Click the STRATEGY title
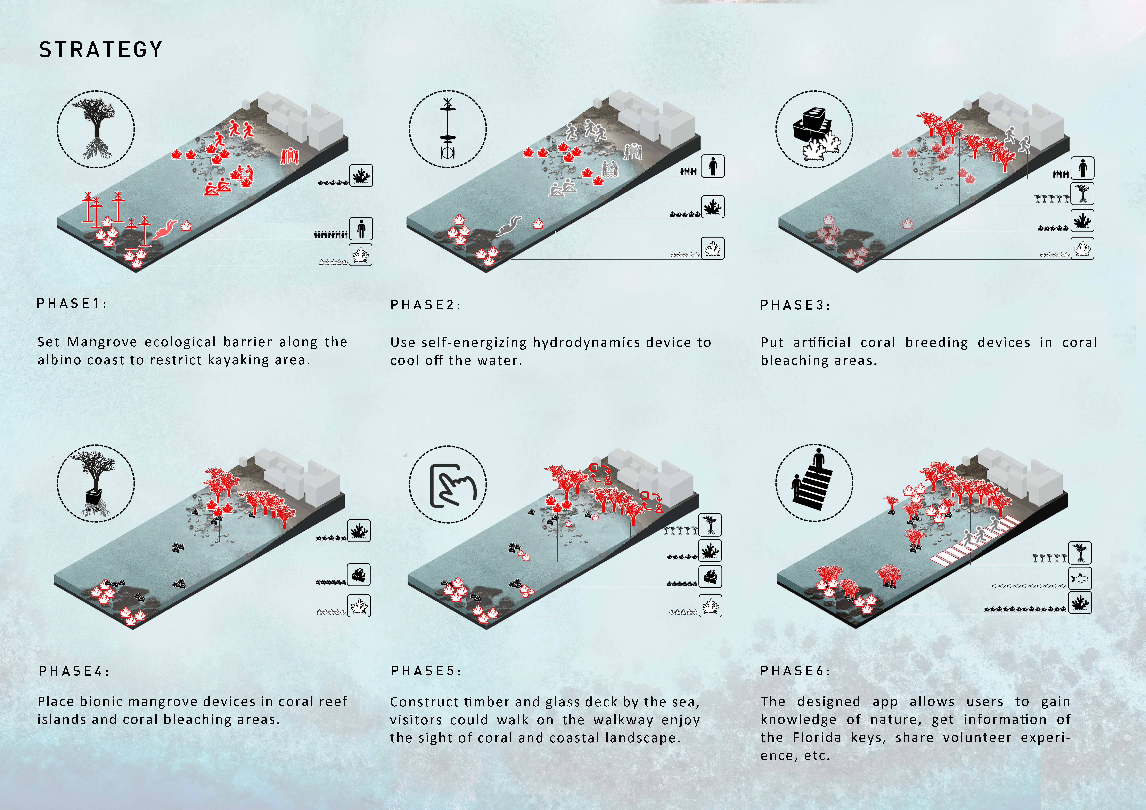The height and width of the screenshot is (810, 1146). [x=101, y=50]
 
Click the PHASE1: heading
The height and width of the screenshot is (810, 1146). [x=72, y=303]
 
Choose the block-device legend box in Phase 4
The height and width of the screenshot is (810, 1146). [x=359, y=574]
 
